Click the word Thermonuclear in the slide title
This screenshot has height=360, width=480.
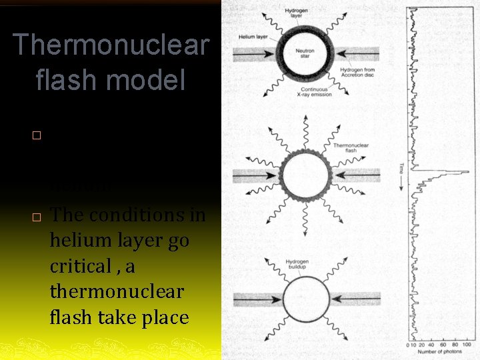tap(111, 45)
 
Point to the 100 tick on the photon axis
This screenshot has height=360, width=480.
tap(467, 345)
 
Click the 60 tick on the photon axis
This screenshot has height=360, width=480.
tap(445, 345)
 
